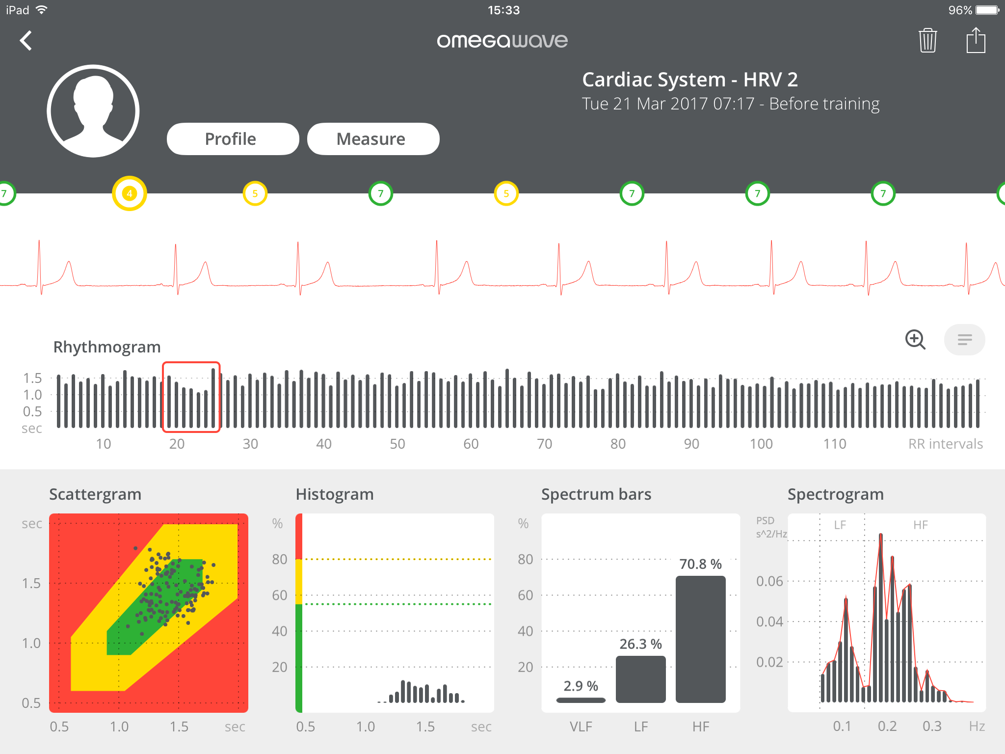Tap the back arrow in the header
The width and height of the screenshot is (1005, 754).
click(26, 41)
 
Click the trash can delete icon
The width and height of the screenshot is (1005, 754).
click(927, 41)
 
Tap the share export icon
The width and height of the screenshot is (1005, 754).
click(976, 41)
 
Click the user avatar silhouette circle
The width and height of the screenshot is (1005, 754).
click(93, 111)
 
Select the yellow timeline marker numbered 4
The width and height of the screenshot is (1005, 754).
click(130, 193)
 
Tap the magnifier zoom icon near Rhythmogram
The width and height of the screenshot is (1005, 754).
click(915, 339)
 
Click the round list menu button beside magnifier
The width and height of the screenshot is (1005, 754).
click(964, 339)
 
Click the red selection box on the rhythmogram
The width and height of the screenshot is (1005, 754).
click(191, 397)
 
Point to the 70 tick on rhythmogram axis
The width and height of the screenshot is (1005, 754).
click(544, 444)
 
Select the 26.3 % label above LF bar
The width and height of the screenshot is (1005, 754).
click(640, 644)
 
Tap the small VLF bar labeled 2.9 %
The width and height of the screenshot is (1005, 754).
click(581, 700)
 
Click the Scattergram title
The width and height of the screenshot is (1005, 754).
click(95, 494)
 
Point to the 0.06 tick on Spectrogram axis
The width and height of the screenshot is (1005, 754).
click(769, 581)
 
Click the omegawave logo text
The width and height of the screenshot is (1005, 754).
click(502, 41)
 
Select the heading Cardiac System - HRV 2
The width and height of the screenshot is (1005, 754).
click(689, 80)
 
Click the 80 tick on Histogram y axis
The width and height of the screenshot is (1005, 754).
click(279, 559)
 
